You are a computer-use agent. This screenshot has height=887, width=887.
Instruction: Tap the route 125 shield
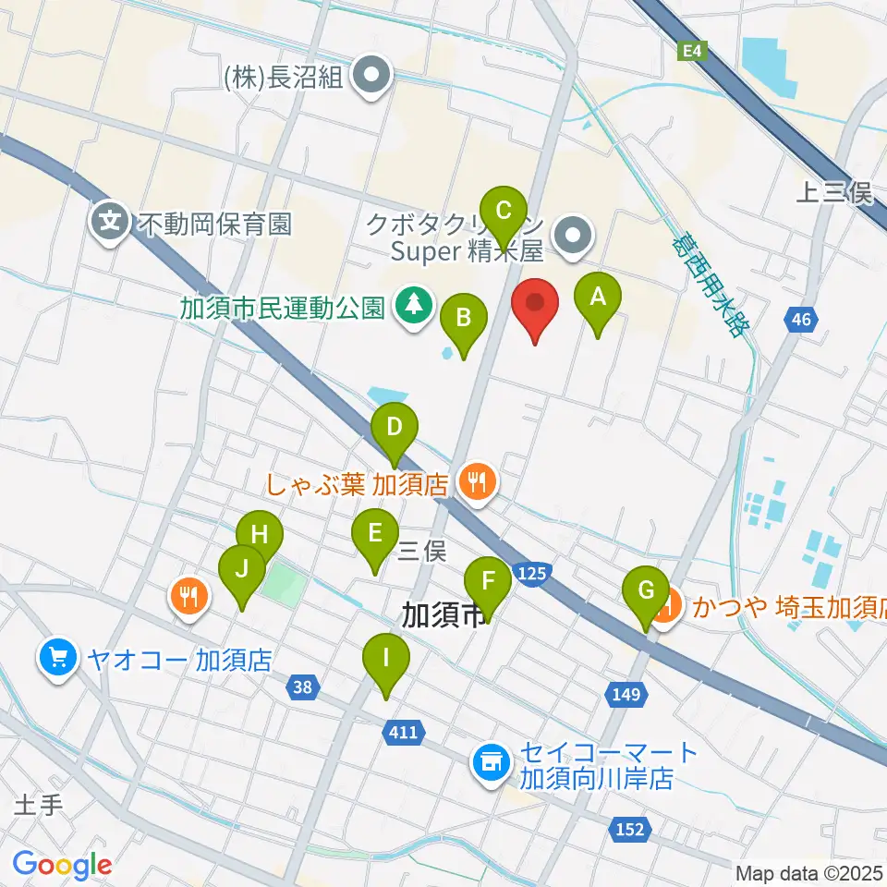click(531, 575)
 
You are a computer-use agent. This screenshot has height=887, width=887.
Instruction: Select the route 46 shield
click(800, 321)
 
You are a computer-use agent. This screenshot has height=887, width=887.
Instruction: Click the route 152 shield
click(629, 830)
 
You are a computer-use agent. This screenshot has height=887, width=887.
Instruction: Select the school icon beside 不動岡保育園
click(110, 222)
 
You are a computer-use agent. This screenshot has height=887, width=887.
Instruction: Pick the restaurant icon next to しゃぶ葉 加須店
click(477, 481)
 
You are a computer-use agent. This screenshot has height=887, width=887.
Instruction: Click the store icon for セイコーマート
click(489, 763)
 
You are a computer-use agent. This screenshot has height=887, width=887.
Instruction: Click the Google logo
click(62, 865)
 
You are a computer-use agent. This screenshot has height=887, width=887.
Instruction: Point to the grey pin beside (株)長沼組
click(374, 79)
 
